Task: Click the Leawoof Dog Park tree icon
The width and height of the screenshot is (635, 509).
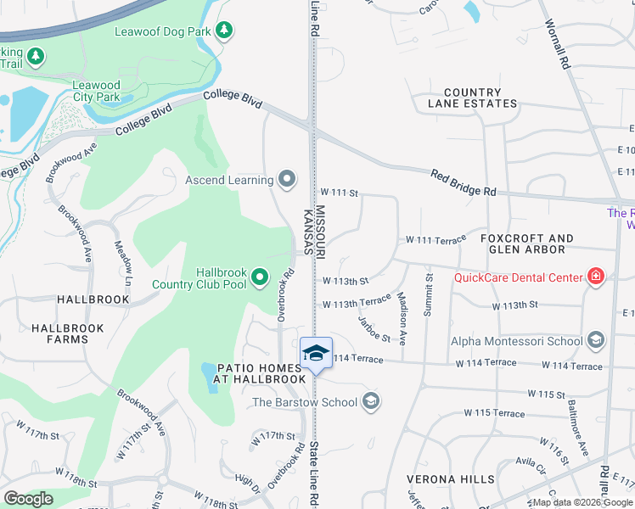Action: (x=223, y=31)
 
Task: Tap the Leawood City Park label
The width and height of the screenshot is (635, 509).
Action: (x=96, y=91)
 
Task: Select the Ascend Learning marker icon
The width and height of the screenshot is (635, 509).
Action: (x=287, y=179)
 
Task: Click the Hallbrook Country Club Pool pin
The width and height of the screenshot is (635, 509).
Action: (x=260, y=277)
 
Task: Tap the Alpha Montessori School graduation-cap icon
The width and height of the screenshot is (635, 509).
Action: (x=596, y=340)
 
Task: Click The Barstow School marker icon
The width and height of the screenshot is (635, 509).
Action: (x=370, y=401)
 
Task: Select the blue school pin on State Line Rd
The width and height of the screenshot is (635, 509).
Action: (x=316, y=354)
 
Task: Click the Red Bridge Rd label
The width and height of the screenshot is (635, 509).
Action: (x=463, y=182)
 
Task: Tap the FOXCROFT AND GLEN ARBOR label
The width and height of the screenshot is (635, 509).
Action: (x=526, y=244)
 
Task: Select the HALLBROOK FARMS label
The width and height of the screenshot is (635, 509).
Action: (x=68, y=333)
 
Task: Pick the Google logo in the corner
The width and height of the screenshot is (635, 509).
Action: (x=29, y=498)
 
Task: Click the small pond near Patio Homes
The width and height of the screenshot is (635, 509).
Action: (x=209, y=372)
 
